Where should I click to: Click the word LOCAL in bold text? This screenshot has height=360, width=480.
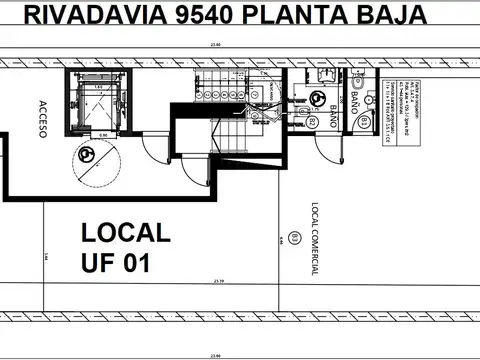(x=125, y=233)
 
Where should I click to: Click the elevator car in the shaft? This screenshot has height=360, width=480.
(x=98, y=101)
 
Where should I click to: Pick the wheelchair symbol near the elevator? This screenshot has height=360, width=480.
(x=88, y=155)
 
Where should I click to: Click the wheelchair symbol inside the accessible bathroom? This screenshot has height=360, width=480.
(x=319, y=99)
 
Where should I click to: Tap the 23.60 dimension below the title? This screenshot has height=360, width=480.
(x=212, y=45)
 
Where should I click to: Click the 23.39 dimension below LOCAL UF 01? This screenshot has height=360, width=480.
(x=217, y=281)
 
